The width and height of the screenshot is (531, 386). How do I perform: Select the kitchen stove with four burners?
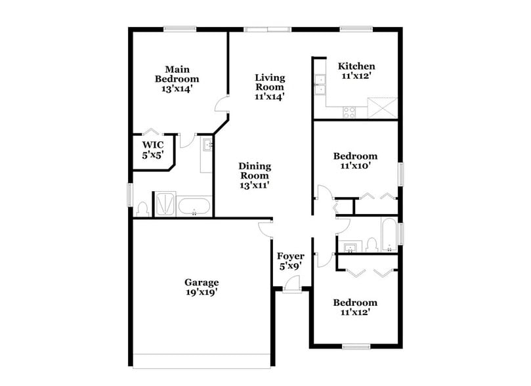pyautogui.click(x=349, y=112)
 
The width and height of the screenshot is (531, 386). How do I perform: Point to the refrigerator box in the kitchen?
pyautogui.click(x=383, y=107)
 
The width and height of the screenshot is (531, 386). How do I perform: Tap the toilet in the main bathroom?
pyautogui.click(x=142, y=209)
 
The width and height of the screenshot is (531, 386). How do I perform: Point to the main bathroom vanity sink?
pyautogui.click(x=206, y=145)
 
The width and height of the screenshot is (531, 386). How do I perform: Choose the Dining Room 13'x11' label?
pyautogui.click(x=255, y=175)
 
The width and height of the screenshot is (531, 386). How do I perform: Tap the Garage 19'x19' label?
pyautogui.click(x=201, y=288)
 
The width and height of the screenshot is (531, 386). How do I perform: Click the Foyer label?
pyautogui.click(x=289, y=261)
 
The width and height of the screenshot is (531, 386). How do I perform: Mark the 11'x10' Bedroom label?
pyautogui.click(x=355, y=161)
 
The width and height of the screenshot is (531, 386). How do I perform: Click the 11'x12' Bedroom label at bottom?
pyautogui.click(x=355, y=307)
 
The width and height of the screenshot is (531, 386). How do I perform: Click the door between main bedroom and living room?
pyautogui.click(x=223, y=105)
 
